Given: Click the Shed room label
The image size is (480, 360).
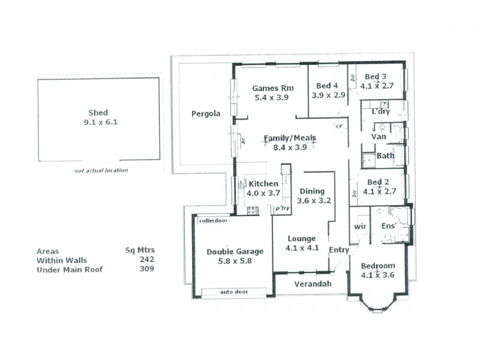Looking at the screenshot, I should (98, 112).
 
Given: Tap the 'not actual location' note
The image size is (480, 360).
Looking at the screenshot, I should (101, 170).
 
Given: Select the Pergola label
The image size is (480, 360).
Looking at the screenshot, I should (206, 113).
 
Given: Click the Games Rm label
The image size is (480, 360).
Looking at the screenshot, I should (271, 86).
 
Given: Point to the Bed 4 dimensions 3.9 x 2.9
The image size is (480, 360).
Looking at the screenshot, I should (328, 95).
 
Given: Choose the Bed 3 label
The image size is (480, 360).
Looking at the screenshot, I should (376, 76).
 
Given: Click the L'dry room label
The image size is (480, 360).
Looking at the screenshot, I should (380, 112).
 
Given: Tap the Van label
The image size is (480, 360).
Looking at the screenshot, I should (379, 137).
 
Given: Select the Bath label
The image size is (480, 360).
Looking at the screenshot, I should (386, 156).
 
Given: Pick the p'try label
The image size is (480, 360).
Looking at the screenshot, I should (282, 209).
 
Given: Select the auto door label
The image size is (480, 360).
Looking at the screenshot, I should (234, 292).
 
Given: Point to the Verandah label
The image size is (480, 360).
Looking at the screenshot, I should (313, 284).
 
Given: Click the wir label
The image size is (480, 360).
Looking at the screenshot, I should (360, 226).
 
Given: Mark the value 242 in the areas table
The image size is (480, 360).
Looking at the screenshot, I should (147, 260).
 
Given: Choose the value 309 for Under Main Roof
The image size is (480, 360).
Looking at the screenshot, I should (147, 269).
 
